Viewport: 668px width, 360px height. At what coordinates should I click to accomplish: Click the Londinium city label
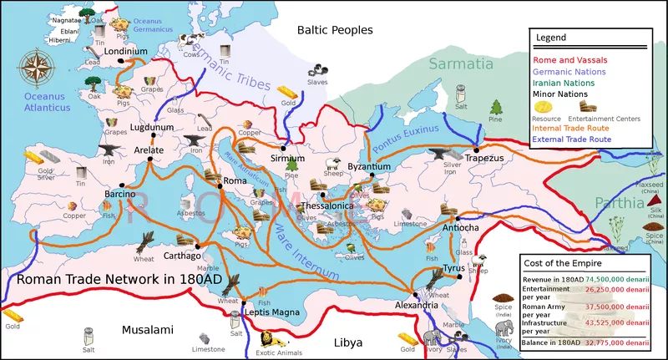pos(126,52)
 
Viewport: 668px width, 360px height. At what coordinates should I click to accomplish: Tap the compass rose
pos(35,67)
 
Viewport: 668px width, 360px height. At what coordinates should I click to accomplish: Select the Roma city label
pos(234,180)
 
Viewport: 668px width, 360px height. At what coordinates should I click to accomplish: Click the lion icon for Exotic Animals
pos(267,339)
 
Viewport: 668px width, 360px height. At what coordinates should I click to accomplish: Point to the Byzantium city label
pos(368,167)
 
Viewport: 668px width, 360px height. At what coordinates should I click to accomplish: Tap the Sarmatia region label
pos(456,63)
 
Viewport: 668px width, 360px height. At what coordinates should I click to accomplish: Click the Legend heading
pos(551,38)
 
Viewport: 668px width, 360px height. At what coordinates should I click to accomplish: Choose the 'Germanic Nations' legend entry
pos(570,73)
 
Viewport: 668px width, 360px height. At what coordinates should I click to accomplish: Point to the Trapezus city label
pos(484,157)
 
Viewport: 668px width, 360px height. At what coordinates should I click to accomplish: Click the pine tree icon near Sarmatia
pos(496,108)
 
